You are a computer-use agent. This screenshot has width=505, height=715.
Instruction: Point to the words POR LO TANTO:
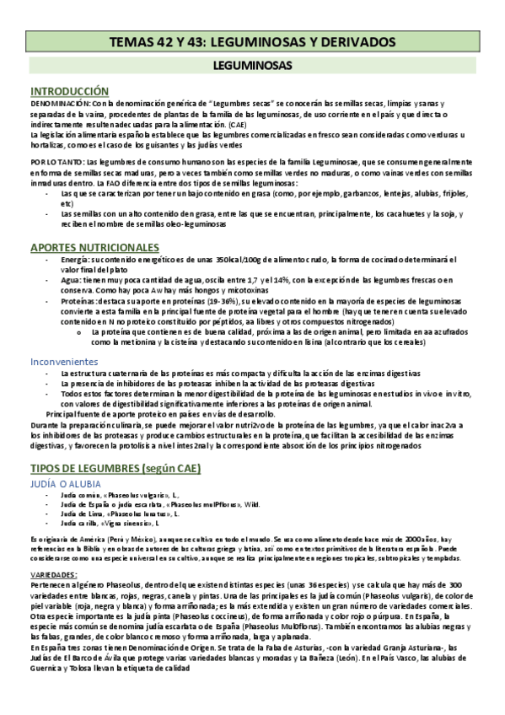pos(56,161)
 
